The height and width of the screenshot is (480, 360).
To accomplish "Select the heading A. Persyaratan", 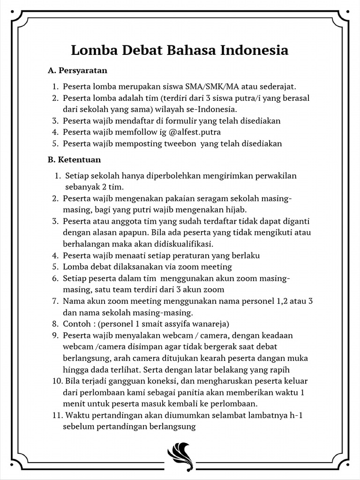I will [x=77, y=70].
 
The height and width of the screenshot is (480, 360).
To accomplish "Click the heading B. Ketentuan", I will [x=74, y=159].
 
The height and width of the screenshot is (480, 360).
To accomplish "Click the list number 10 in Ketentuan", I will [x=57, y=381].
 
